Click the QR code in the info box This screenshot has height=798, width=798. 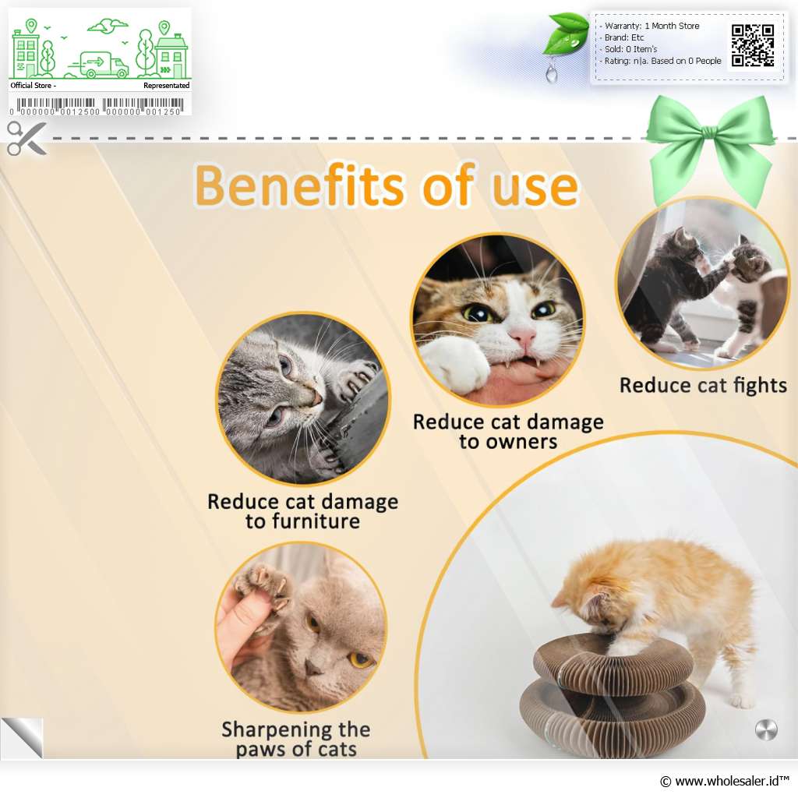coord(753,45)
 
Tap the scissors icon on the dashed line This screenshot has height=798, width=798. coord(26,138)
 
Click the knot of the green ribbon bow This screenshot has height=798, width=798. coord(709,132)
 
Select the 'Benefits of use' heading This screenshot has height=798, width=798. coord(387,185)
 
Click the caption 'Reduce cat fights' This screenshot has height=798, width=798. coord(703,386)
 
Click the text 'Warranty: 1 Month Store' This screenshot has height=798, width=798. coord(652,26)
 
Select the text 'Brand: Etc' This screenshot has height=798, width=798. coord(624,37)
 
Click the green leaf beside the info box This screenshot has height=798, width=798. coord(565,34)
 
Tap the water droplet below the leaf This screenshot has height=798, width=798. coord(551,73)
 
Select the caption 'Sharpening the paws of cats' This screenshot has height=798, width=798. coord(296,739)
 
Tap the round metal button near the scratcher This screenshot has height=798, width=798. coord(766,729)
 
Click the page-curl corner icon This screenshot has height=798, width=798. coord(23,738)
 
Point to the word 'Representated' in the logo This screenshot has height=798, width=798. coord(167,86)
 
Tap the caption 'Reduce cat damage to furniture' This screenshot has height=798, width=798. coord(303,511)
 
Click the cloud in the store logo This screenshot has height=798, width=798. coord(108,26)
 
